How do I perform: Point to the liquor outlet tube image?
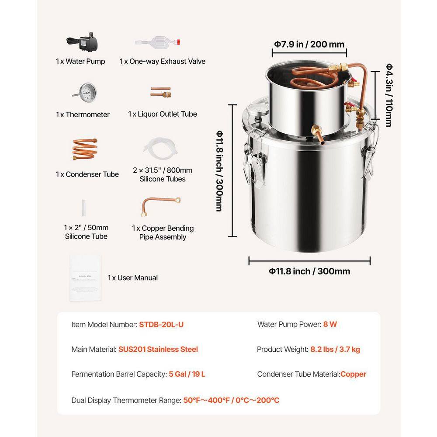coord(161,92)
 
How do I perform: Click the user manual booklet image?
coord(86,278)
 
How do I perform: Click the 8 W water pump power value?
coord(330,324)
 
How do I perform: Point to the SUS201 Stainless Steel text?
coord(158,349)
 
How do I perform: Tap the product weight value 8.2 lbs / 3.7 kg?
coord(335,349)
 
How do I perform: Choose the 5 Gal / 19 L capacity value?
coord(187,374)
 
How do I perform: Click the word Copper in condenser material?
coord(353,374)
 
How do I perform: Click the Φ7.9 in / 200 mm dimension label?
coord(309,44)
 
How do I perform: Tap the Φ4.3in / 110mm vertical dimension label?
coord(388,94)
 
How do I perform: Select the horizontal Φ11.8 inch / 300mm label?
coord(309,271)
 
